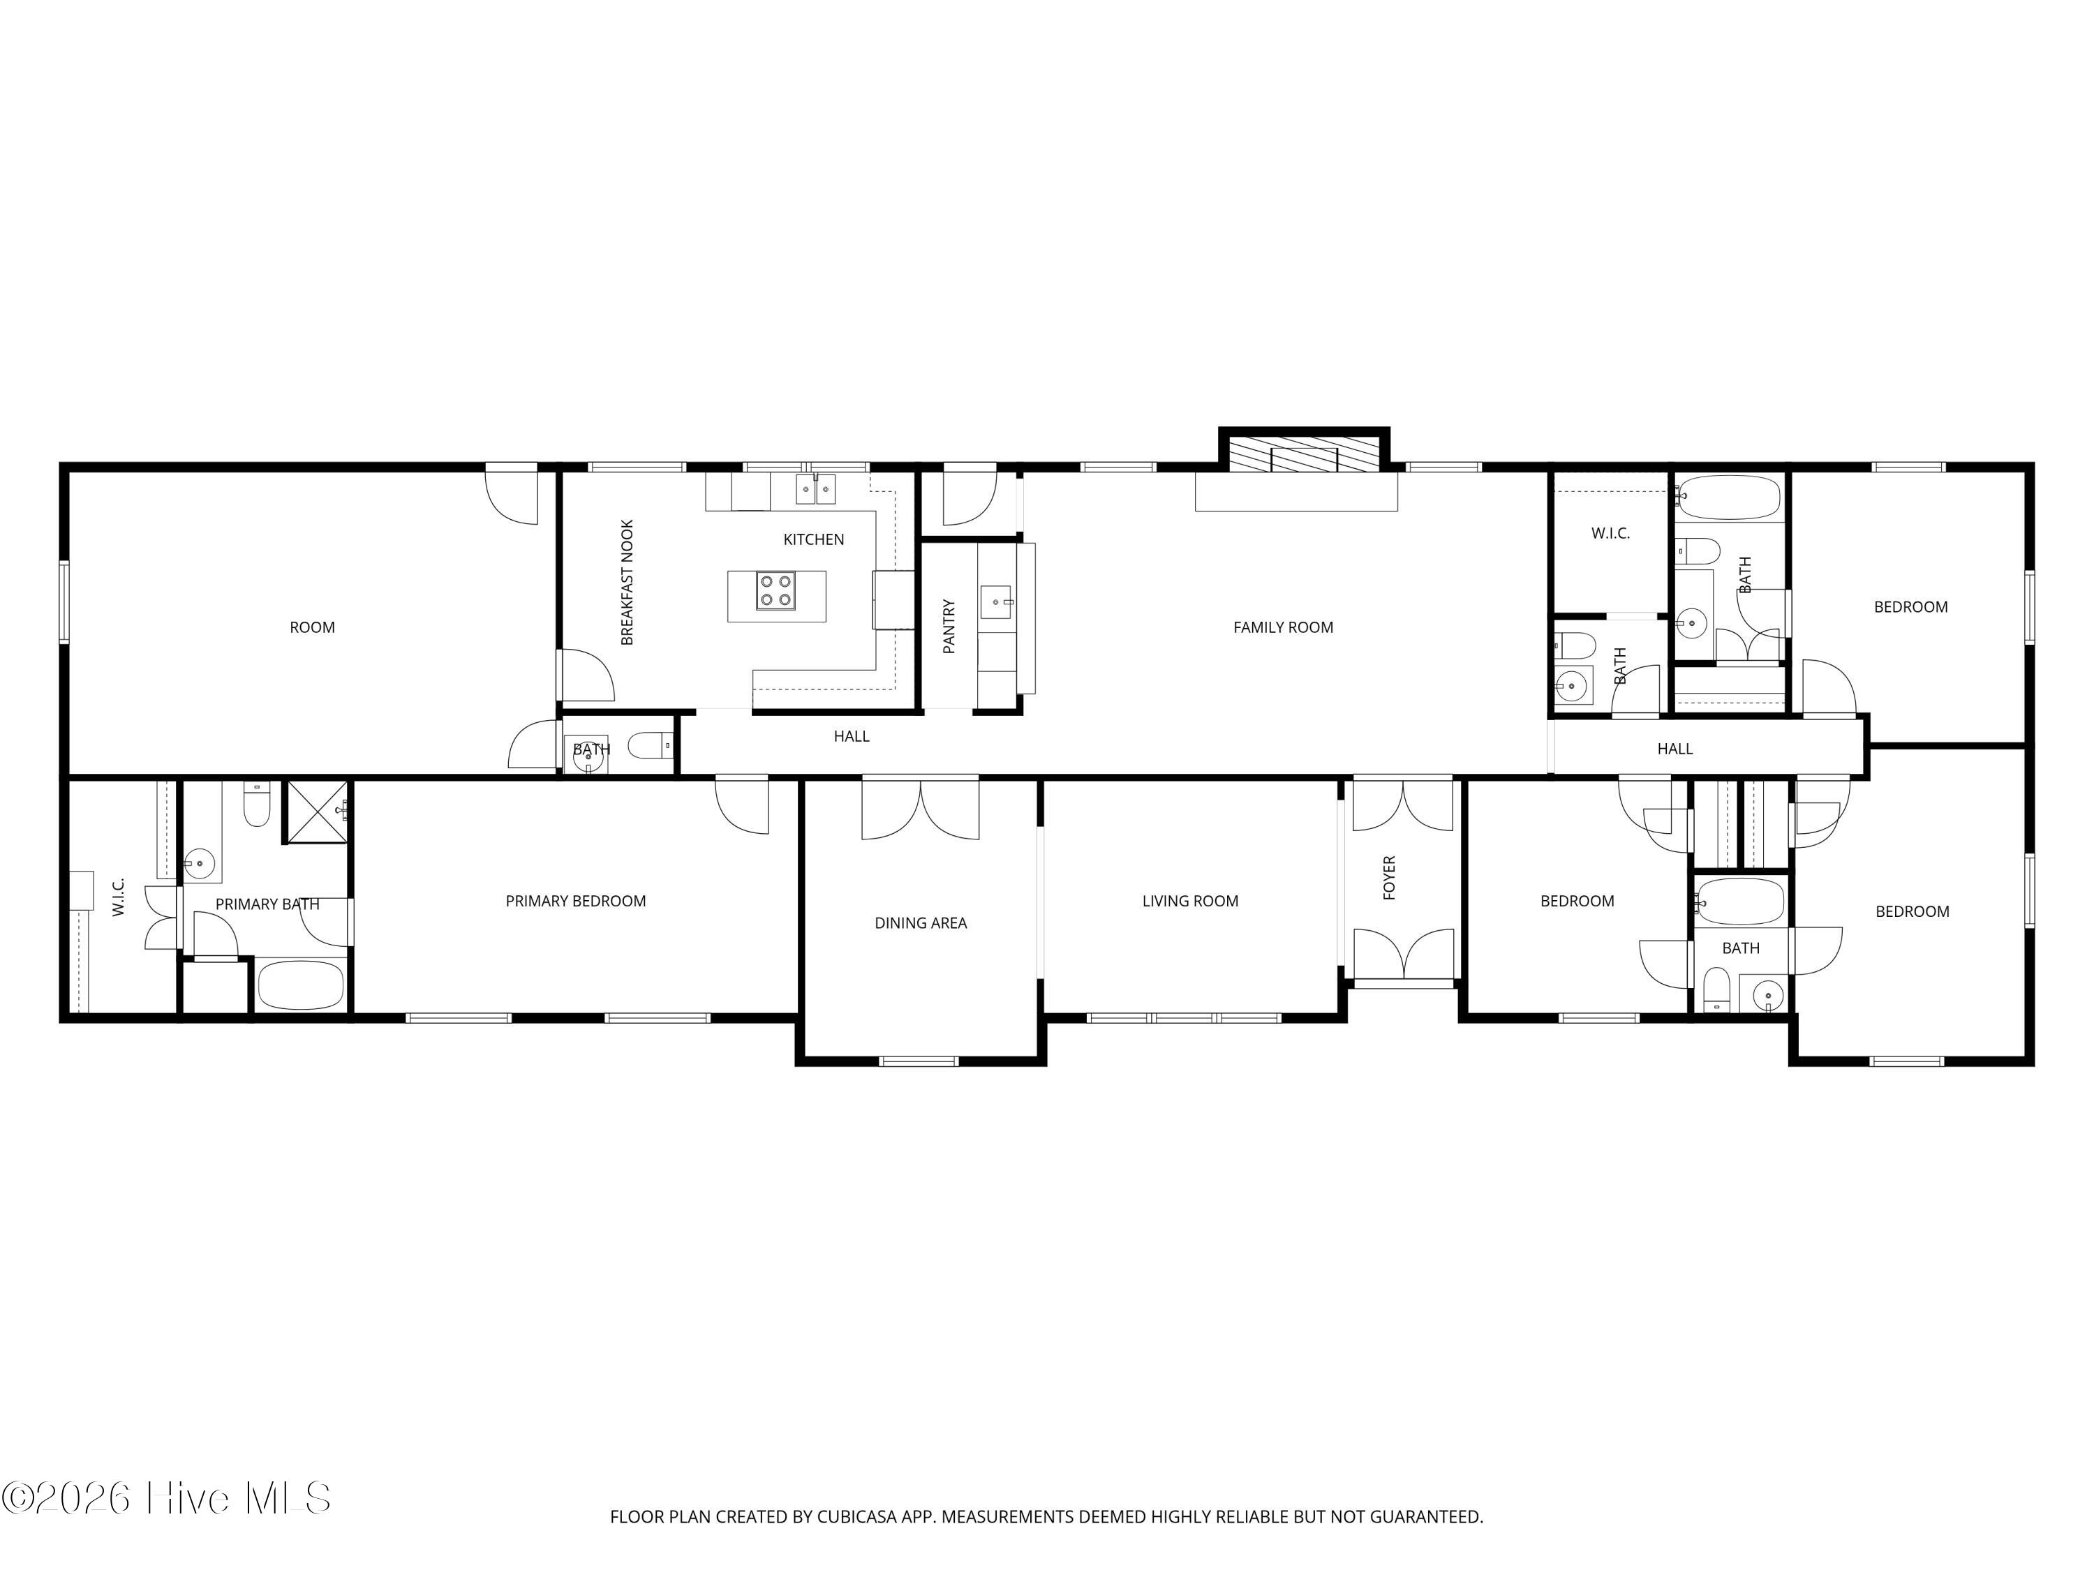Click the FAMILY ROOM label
tap(1283, 627)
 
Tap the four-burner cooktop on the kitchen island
tap(775, 592)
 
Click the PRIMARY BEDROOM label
tap(576, 901)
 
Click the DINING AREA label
tap(920, 922)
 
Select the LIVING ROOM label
tap(1190, 901)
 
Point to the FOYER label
tap(1389, 877)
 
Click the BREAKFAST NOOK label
tap(627, 582)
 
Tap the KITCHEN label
tap(813, 539)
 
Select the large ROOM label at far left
tap(313, 627)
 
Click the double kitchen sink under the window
tap(815, 489)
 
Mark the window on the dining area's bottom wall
tap(919, 1061)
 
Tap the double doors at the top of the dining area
tap(920, 807)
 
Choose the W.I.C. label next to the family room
tap(1610, 534)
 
